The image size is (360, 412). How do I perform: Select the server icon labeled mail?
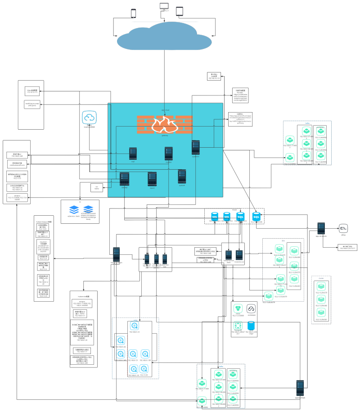tap(133, 153)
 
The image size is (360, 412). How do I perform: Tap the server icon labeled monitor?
tap(168, 153)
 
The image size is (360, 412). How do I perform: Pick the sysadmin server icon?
tap(195, 148)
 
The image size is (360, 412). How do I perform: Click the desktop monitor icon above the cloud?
tap(164, 7)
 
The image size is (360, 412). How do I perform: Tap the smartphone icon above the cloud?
tap(133, 14)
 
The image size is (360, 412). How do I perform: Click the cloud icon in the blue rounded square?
tap(89, 118)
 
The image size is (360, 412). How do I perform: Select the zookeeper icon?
tap(252, 308)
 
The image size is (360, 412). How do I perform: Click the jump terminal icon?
tap(343, 227)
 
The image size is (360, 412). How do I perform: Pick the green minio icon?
tap(238, 308)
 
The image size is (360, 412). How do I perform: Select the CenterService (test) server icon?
tap(229, 247)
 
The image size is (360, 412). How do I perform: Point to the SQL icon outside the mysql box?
tap(257, 216)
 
